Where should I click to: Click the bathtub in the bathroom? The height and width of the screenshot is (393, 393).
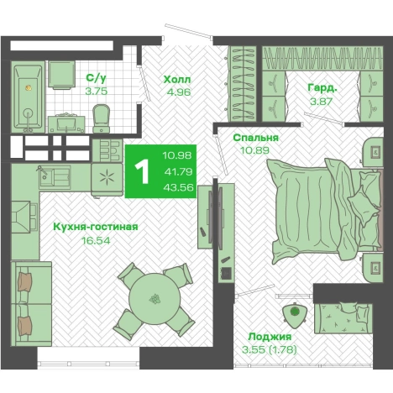pyautogui.click(x=28, y=97)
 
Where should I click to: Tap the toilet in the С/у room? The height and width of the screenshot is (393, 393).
pyautogui.click(x=101, y=118)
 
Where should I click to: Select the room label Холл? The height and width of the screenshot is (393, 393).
pyautogui.click(x=177, y=80)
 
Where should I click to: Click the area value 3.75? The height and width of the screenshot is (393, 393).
pyautogui.click(x=97, y=92)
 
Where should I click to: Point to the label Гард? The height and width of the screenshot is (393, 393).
pyautogui.click(x=322, y=88)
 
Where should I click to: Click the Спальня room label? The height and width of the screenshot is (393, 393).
pyautogui.click(x=255, y=138)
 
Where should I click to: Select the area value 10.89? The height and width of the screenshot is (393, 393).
pyautogui.click(x=254, y=150)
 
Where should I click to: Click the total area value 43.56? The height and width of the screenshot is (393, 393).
pyautogui.click(x=179, y=187)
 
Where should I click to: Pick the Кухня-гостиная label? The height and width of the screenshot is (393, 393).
pyautogui.click(x=96, y=227)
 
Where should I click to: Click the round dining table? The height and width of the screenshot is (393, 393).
pyautogui.click(x=155, y=298)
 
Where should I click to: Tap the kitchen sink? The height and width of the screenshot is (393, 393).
pyautogui.click(x=55, y=176)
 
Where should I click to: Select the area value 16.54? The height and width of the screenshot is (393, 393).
pyautogui.click(x=96, y=240)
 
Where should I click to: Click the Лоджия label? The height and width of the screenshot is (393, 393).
pyautogui.click(x=270, y=337)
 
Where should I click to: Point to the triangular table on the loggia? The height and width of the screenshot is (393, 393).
pyautogui.click(x=294, y=315)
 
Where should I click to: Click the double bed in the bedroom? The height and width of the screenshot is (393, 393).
pyautogui.click(x=325, y=209)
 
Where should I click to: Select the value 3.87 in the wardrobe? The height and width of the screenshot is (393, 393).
pyautogui.click(x=321, y=101)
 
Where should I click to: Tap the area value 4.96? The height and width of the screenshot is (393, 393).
pyautogui.click(x=179, y=92)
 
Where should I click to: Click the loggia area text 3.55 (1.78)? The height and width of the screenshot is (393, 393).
pyautogui.click(x=270, y=349)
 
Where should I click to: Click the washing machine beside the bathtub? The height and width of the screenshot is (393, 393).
pyautogui.click(x=61, y=75)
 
